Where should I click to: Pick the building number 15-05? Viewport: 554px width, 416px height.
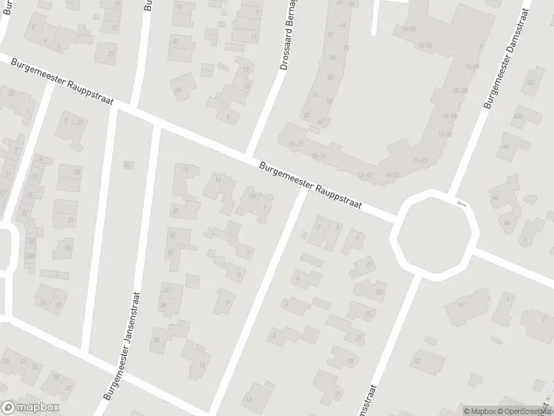pos(409,29)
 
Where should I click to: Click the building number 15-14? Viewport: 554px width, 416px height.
pos(319,156)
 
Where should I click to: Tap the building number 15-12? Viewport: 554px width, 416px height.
pos(365,174)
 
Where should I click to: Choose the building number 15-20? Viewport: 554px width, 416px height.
pos(460,90)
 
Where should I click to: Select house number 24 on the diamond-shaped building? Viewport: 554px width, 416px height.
pos(179,89)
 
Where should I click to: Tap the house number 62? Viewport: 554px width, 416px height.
pos(321,121)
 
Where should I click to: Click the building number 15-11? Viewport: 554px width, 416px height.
pos(392,175)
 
